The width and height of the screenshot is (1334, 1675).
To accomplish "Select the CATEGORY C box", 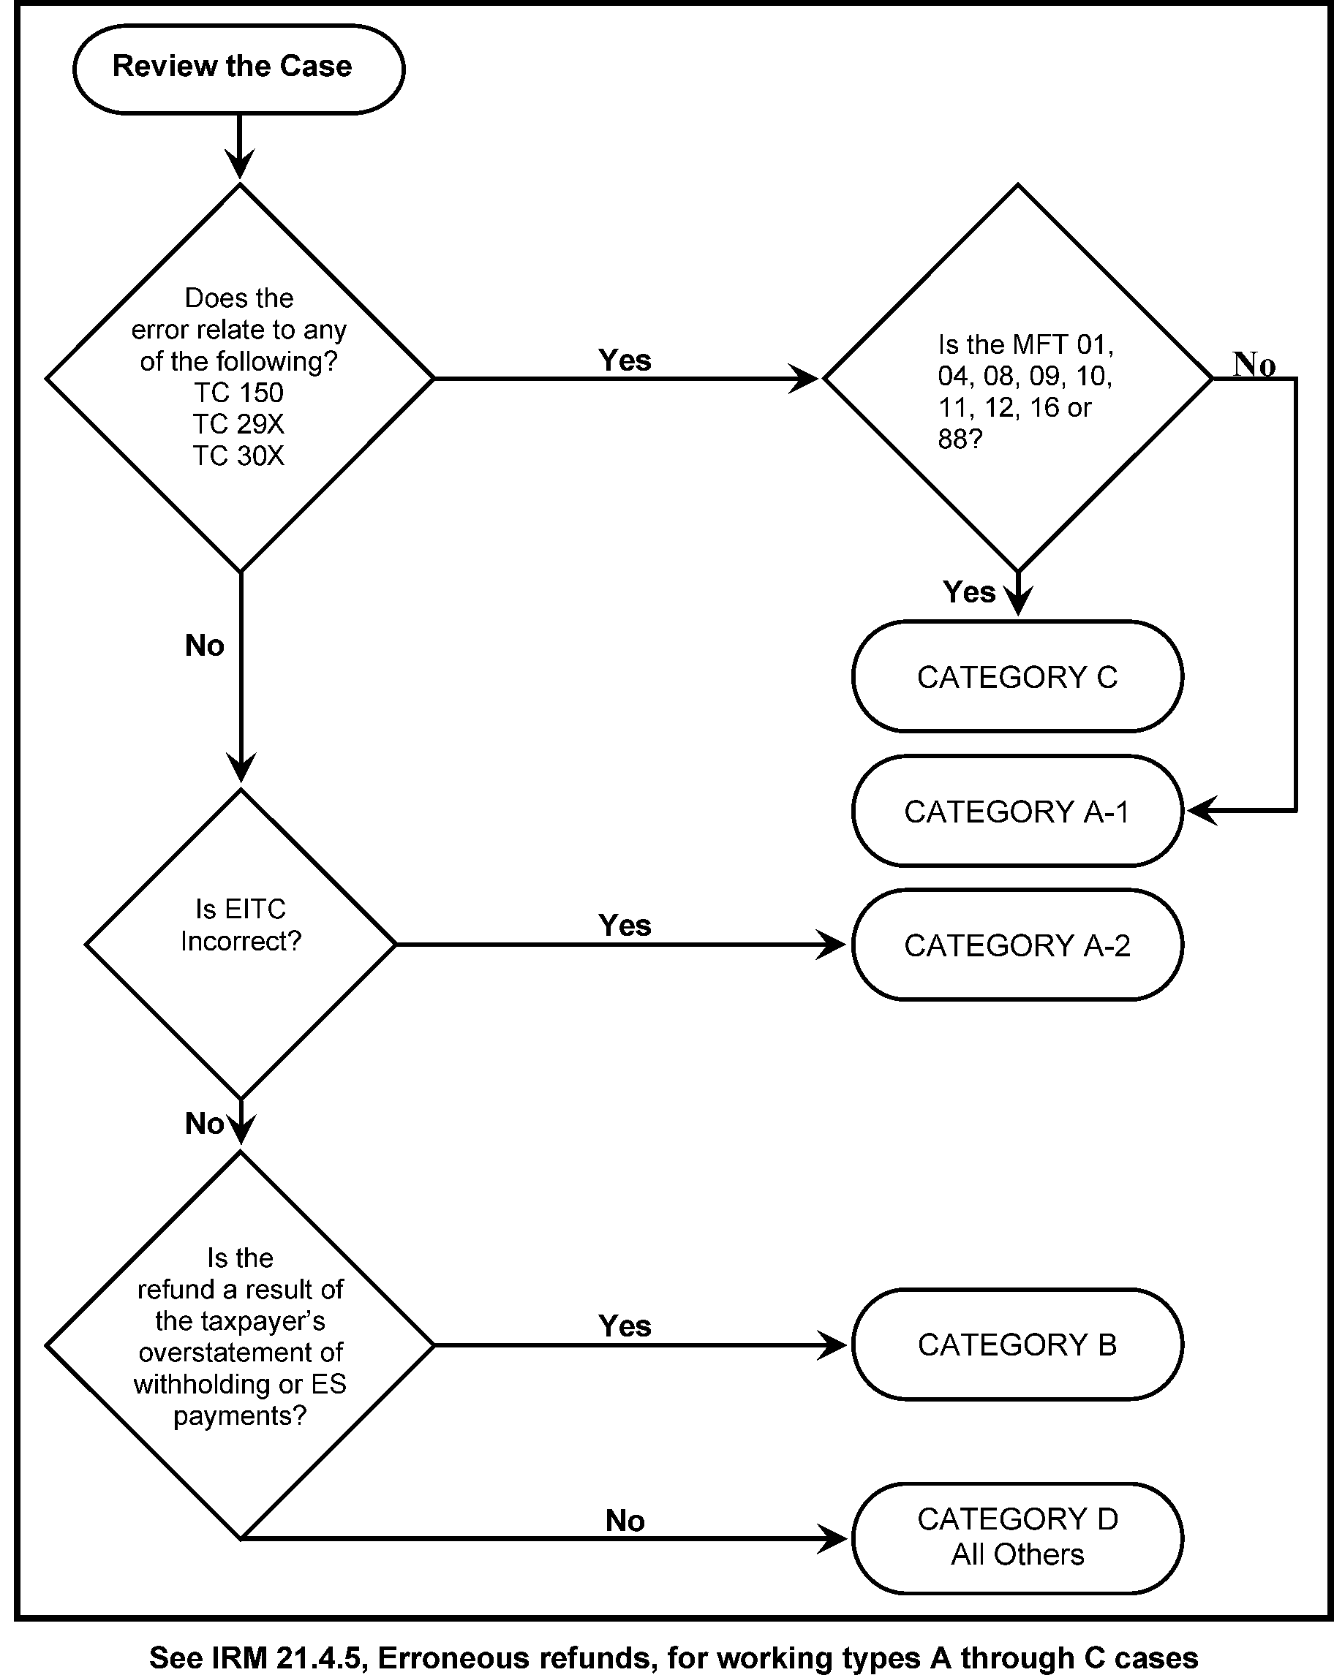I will click(x=1017, y=677).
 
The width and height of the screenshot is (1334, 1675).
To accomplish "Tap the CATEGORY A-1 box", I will click(x=1017, y=811).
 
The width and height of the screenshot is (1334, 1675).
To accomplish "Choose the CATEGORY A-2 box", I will click(x=1017, y=945).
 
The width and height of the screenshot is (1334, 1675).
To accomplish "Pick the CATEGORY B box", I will click(x=1017, y=1345).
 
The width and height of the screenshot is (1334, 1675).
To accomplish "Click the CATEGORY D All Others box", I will click(x=1017, y=1537).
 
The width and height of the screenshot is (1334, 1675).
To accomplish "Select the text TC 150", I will click(x=238, y=393).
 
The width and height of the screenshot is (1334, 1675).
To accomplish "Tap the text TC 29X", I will click(x=238, y=424).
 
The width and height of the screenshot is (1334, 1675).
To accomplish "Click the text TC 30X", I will click(x=238, y=456).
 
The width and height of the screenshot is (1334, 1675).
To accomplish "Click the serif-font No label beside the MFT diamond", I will click(x=1254, y=363).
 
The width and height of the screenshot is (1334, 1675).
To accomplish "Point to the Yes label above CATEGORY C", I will click(x=969, y=592).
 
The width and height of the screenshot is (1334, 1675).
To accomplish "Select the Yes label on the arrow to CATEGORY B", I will click(x=625, y=1326).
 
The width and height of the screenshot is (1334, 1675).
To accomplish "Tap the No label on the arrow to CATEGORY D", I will click(x=625, y=1521).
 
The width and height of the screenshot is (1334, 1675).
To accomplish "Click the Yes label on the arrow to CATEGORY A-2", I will click(x=625, y=926).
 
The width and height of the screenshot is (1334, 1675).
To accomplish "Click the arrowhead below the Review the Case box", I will click(x=239, y=164).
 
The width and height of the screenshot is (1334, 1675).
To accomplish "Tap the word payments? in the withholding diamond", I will click(x=240, y=1415).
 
